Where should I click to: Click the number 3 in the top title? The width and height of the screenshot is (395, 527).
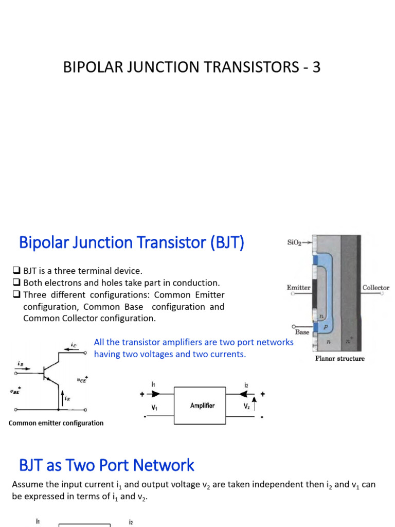(x=315, y=67)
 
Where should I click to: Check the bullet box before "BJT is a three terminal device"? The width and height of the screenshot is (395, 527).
(x=15, y=271)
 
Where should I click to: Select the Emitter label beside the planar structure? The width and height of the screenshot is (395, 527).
(x=298, y=288)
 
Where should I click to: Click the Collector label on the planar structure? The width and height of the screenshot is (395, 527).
(x=376, y=288)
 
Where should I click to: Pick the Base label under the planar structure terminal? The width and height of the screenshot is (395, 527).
(x=302, y=332)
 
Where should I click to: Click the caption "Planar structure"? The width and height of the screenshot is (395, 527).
(x=339, y=358)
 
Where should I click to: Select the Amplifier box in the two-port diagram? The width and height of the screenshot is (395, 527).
(x=202, y=406)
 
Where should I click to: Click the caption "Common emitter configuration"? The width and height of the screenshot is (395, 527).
(x=56, y=423)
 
